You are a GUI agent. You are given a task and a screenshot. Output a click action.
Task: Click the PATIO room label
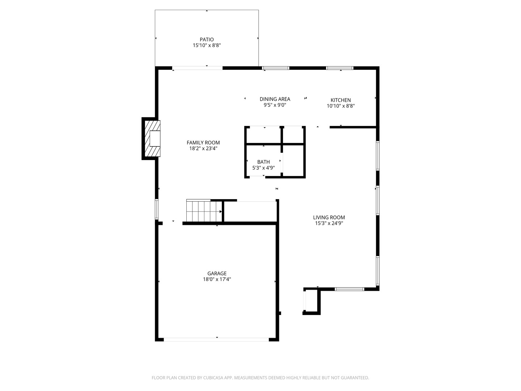point(207,39)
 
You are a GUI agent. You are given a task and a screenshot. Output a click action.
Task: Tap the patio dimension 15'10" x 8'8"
point(207,46)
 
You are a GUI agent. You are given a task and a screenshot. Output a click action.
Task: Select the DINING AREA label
point(275,99)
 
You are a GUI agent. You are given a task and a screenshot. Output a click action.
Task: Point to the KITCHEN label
point(340,100)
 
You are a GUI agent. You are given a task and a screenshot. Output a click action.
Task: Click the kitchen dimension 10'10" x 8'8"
point(340,106)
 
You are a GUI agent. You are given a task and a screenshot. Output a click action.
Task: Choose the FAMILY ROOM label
point(203,143)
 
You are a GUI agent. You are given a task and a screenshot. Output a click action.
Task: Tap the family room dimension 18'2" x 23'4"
point(203,148)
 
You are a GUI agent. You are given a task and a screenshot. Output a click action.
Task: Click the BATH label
point(263,162)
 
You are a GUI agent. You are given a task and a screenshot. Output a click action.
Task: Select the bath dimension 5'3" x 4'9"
point(263,168)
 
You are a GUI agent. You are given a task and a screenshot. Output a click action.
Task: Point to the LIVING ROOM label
point(329,218)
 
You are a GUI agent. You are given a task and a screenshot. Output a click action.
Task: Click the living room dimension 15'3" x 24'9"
point(329,223)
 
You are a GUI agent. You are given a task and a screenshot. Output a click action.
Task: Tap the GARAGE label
point(217,273)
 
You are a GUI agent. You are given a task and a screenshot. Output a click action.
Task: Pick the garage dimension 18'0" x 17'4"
point(217,279)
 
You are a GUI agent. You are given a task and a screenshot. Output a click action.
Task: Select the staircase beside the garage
point(203,211)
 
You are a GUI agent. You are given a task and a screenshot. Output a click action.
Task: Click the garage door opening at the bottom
point(216,340)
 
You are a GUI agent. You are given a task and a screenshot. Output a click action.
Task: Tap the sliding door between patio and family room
point(197,68)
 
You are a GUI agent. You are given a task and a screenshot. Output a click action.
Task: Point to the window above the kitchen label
point(340,68)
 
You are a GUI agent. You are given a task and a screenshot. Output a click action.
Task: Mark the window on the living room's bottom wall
point(349,289)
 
